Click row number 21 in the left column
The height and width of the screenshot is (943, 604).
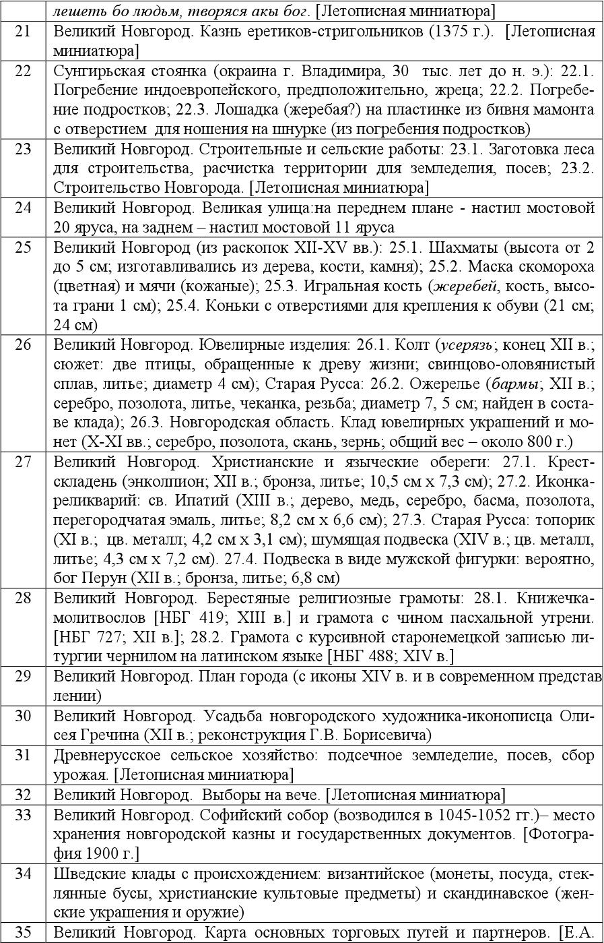tap(23, 32)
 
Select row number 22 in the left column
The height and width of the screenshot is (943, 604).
tap(23, 71)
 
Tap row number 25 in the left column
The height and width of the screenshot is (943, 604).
tap(23, 247)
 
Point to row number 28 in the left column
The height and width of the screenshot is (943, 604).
tap(23, 598)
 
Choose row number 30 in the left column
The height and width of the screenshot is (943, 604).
tap(23, 716)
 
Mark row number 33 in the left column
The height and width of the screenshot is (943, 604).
tap(23, 815)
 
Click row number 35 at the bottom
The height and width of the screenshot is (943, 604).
tap(23, 932)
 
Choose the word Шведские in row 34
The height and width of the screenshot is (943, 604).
tap(84, 874)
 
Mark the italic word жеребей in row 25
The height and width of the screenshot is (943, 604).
tap(464, 286)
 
